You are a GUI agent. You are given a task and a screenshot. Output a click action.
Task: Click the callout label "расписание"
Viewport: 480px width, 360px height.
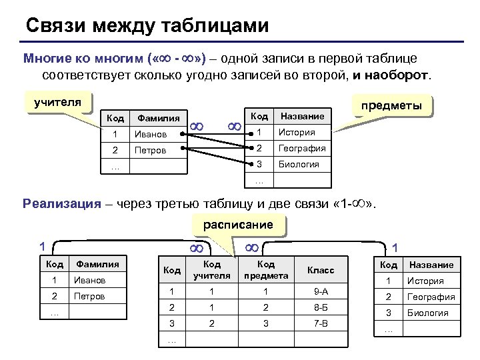click(x=238, y=225)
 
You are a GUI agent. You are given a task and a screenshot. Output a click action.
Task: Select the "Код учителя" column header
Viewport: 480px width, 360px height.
click(x=211, y=270)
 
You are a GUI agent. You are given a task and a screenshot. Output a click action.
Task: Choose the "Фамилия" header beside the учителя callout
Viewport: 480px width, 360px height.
click(x=158, y=118)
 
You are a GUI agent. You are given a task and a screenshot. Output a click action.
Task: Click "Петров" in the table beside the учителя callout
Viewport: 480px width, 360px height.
click(x=150, y=150)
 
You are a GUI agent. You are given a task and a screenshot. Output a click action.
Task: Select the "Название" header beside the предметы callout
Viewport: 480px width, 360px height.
click(x=303, y=116)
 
